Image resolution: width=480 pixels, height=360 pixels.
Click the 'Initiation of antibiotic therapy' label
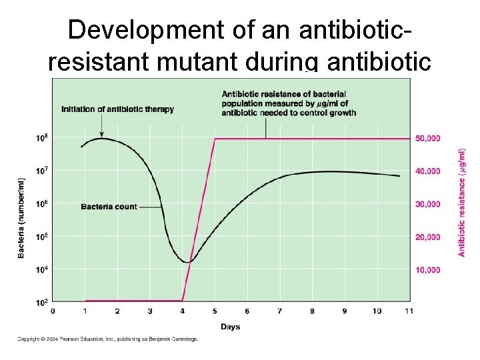pyautogui.click(x=117, y=109)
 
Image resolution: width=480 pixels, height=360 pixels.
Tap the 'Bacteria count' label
pyautogui.click(x=109, y=207)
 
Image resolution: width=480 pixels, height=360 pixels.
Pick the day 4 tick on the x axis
pyautogui.click(x=183, y=311)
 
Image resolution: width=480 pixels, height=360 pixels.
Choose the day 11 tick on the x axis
pyautogui.click(x=409, y=311)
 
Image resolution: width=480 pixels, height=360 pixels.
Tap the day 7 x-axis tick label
pyautogui.click(x=279, y=311)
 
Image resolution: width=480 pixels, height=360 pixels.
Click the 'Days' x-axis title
pyautogui.click(x=231, y=327)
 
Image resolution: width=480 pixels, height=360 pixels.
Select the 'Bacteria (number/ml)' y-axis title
pyautogui.click(x=21, y=218)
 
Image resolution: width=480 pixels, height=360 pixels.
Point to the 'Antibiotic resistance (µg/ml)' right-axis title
pyautogui.click(x=461, y=202)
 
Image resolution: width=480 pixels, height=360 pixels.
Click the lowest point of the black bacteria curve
pyautogui.click(x=188, y=262)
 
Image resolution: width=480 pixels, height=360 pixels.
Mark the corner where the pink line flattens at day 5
pyautogui.click(x=215, y=139)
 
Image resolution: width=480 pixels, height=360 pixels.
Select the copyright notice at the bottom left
pyautogui.click(x=107, y=339)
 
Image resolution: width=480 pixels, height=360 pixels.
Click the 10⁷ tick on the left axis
pyautogui.click(x=41, y=171)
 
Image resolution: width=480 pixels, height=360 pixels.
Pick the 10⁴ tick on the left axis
pyautogui.click(x=41, y=269)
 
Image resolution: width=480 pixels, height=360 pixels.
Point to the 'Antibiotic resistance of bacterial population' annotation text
pyautogui.click(x=289, y=103)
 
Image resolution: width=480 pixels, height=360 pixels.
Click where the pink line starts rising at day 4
pyautogui.click(x=182, y=300)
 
